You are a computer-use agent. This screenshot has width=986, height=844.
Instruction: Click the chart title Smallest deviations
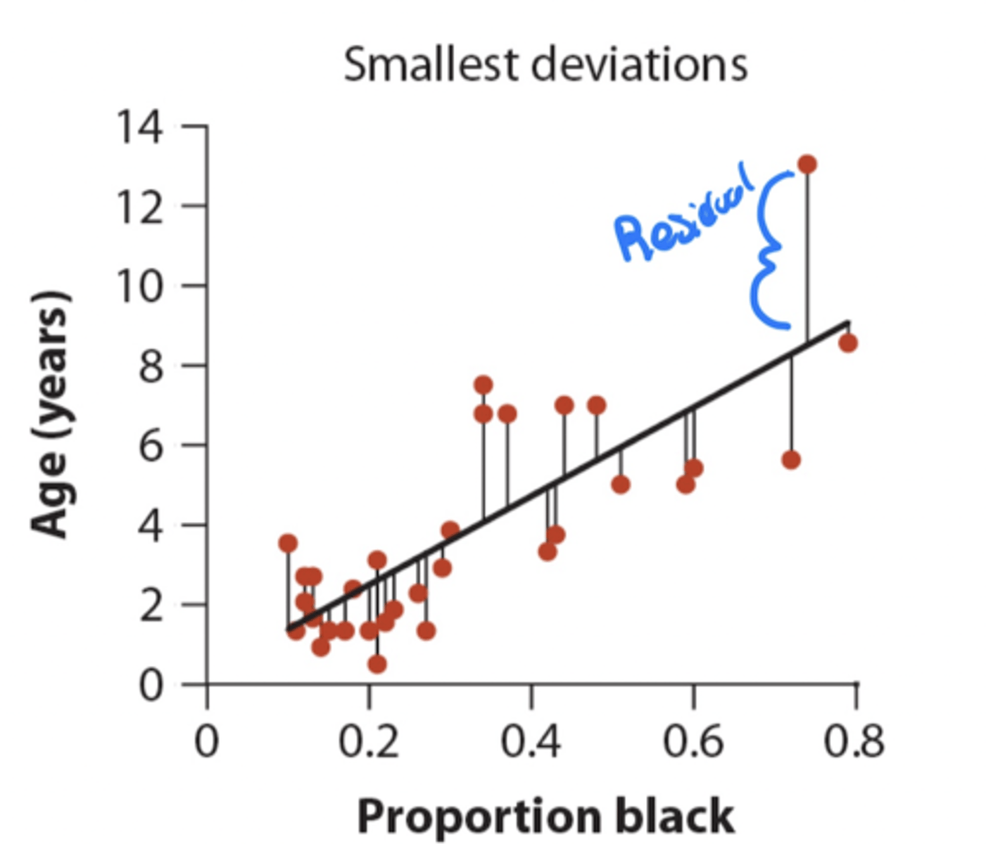pyautogui.click(x=545, y=65)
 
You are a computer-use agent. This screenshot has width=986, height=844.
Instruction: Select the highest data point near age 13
pyautogui.click(x=807, y=165)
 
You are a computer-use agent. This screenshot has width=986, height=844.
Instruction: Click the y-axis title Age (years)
pyautogui.click(x=51, y=415)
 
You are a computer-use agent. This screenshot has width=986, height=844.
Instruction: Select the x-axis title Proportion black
pyautogui.click(x=545, y=817)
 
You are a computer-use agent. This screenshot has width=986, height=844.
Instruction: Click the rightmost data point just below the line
pyautogui.click(x=848, y=343)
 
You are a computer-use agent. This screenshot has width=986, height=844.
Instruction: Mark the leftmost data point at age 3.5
pyautogui.click(x=287, y=543)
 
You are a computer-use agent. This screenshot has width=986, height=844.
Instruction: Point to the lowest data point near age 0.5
pyautogui.click(x=377, y=664)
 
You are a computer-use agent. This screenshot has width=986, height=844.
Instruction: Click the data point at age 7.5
pyautogui.click(x=483, y=385)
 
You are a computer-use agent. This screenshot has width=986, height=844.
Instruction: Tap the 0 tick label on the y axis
pyautogui.click(x=150, y=684)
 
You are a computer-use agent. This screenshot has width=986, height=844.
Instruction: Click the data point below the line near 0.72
pyautogui.click(x=791, y=460)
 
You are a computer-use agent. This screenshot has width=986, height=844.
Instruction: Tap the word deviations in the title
pyautogui.click(x=638, y=65)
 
